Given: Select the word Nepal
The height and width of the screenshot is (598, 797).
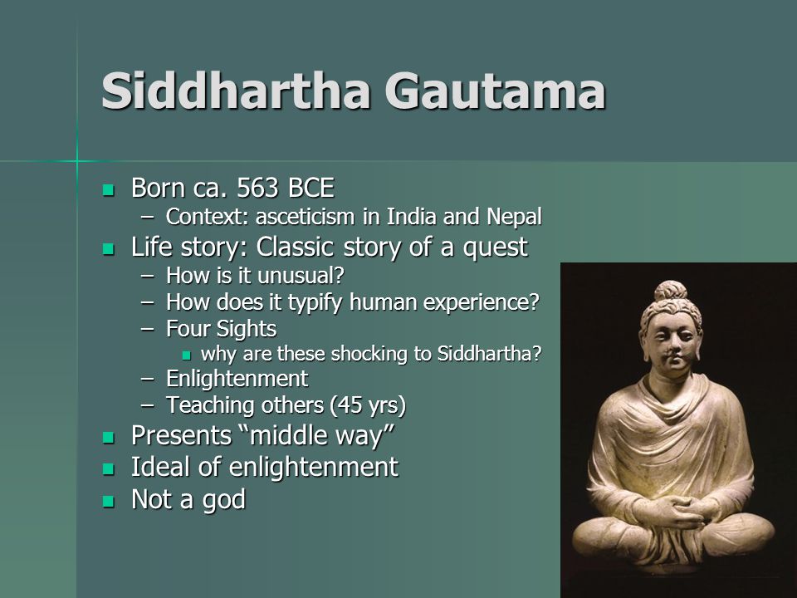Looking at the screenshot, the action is (514, 217).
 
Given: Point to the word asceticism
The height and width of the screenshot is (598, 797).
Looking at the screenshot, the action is (305, 217).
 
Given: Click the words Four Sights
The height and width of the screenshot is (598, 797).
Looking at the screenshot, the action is (221, 329).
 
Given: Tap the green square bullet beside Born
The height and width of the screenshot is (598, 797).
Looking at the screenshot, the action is (108, 191).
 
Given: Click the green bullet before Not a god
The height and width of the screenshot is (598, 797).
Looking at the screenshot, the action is (108, 502).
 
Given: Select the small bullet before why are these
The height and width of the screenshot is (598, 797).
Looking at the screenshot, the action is (187, 355).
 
